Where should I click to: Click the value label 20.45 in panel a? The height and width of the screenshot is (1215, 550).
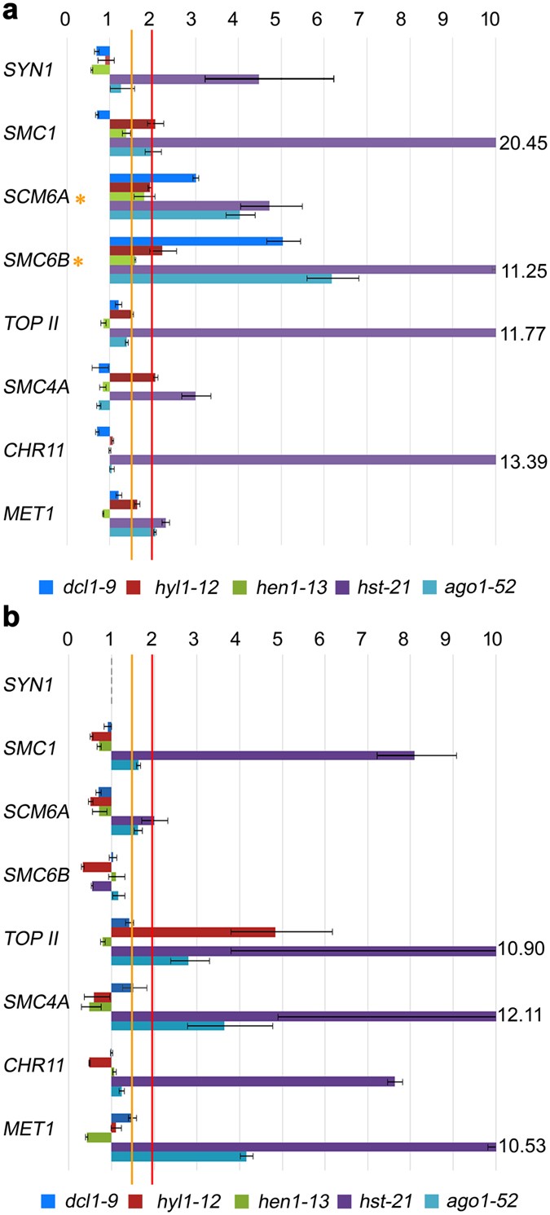pos(521,143)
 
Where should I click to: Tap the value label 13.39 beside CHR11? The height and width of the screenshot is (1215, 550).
pos(521,461)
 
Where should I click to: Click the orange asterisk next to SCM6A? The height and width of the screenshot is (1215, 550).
pos(81,199)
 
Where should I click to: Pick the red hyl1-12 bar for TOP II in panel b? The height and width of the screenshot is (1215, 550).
pos(193,931)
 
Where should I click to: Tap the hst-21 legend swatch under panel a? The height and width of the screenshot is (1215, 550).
pos(314,586)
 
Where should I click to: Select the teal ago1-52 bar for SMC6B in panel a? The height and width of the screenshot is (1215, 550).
pos(220,279)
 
